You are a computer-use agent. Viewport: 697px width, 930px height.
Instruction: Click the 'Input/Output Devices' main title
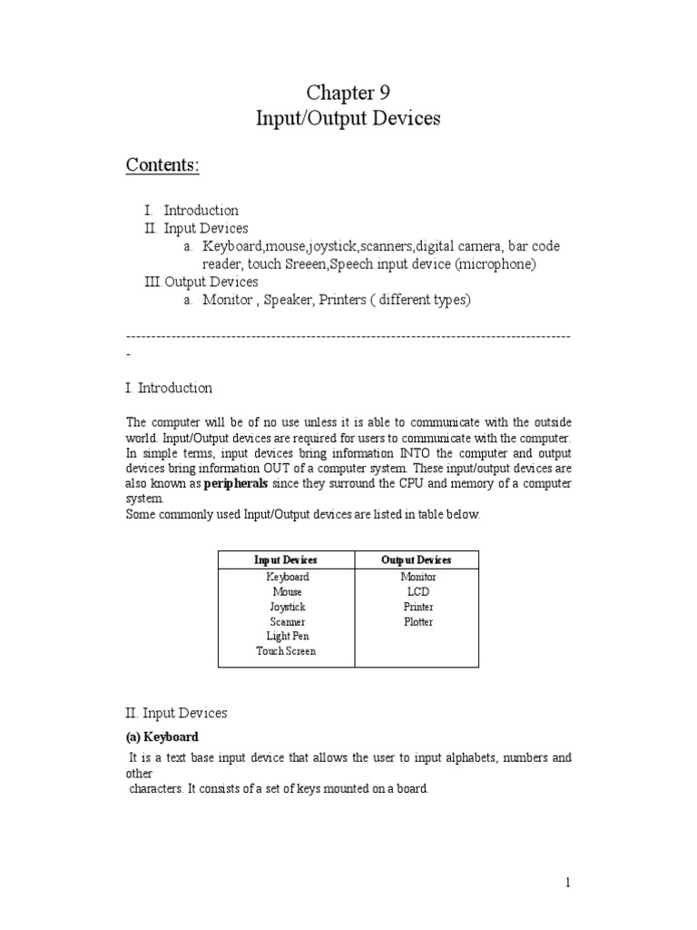tap(348, 120)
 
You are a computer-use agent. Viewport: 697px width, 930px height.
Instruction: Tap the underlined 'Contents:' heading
tap(162, 165)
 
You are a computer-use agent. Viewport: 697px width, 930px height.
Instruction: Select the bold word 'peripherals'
tap(236, 484)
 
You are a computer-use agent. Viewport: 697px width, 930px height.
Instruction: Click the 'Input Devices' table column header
tap(287, 560)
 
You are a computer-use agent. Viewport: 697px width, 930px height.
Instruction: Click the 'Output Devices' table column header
tap(417, 560)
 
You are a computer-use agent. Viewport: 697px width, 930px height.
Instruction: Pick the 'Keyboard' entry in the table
tap(287, 577)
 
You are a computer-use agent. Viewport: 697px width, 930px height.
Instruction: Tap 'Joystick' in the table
tap(287, 607)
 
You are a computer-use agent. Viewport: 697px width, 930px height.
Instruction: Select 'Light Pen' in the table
tap(287, 637)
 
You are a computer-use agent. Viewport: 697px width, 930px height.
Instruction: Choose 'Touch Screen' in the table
tap(287, 651)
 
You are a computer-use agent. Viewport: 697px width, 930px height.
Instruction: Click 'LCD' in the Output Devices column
tap(417, 592)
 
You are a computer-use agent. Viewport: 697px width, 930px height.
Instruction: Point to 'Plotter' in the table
tap(417, 622)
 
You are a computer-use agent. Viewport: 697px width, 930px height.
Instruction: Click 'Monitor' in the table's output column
tap(417, 577)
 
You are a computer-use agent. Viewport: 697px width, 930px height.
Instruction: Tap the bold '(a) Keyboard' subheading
tap(162, 737)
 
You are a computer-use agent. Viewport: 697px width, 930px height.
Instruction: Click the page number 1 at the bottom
tap(567, 882)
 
